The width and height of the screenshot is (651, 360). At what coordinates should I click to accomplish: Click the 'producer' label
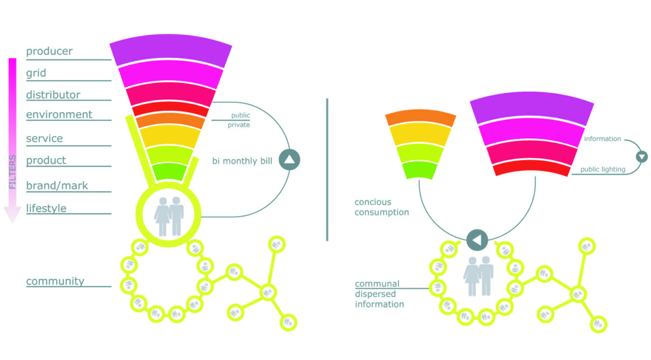coord(50,51)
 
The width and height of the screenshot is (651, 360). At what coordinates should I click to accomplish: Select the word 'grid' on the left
coord(36,74)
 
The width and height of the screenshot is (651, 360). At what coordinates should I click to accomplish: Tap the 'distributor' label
coord(53,95)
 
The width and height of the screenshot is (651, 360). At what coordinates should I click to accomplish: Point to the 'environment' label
coord(59,114)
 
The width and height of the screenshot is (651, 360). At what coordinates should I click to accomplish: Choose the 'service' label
coord(44,139)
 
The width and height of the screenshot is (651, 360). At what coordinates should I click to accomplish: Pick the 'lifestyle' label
coord(46,208)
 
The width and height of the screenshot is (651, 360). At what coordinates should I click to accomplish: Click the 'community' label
coord(55,281)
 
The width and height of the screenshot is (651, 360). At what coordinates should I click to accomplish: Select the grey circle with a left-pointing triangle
coord(477,240)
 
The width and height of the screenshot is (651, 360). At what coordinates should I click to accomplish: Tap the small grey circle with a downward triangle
coord(642,156)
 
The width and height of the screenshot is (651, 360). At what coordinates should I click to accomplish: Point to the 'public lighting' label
coord(603,170)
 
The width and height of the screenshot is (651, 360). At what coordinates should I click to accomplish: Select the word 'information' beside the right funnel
coord(602,139)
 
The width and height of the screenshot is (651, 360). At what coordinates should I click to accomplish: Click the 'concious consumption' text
coord(381,208)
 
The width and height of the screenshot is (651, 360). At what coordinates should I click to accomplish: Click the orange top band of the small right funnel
coord(421,118)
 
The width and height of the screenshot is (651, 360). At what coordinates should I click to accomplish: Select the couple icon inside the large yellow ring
coord(169,216)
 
